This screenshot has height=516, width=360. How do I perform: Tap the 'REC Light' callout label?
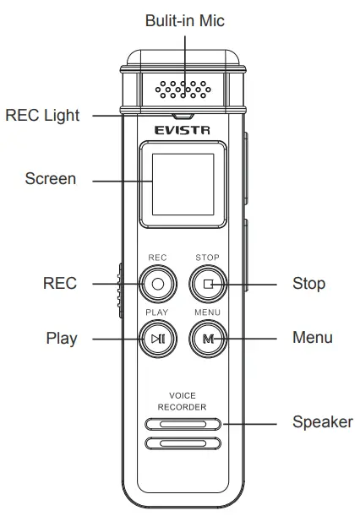pos(43,116)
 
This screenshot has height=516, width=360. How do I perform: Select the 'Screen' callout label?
pos(51,179)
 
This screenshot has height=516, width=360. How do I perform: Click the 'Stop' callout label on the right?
pos(308,284)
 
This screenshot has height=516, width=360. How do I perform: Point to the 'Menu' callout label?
pos(312,338)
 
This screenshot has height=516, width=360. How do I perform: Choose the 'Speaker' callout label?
pos(322,421)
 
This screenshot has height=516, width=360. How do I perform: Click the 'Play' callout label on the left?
pos(61,339)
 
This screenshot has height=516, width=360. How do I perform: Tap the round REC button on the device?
pos(157,284)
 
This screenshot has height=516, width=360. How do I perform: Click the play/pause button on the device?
pos(157,339)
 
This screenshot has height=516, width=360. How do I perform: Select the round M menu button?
pos(207,339)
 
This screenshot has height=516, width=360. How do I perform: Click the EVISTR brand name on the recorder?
pos(183,130)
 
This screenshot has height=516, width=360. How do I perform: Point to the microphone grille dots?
pos(183,87)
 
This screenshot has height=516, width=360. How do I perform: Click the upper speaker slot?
pos(183,424)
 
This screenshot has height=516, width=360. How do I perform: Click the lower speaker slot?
pos(183,443)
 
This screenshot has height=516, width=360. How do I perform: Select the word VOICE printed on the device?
pos(183,395)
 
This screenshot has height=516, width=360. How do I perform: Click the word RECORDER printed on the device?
pos(183,407)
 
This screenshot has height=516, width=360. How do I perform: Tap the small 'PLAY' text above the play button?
pos(157,312)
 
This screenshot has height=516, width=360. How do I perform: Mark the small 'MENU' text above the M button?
pos(207,312)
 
